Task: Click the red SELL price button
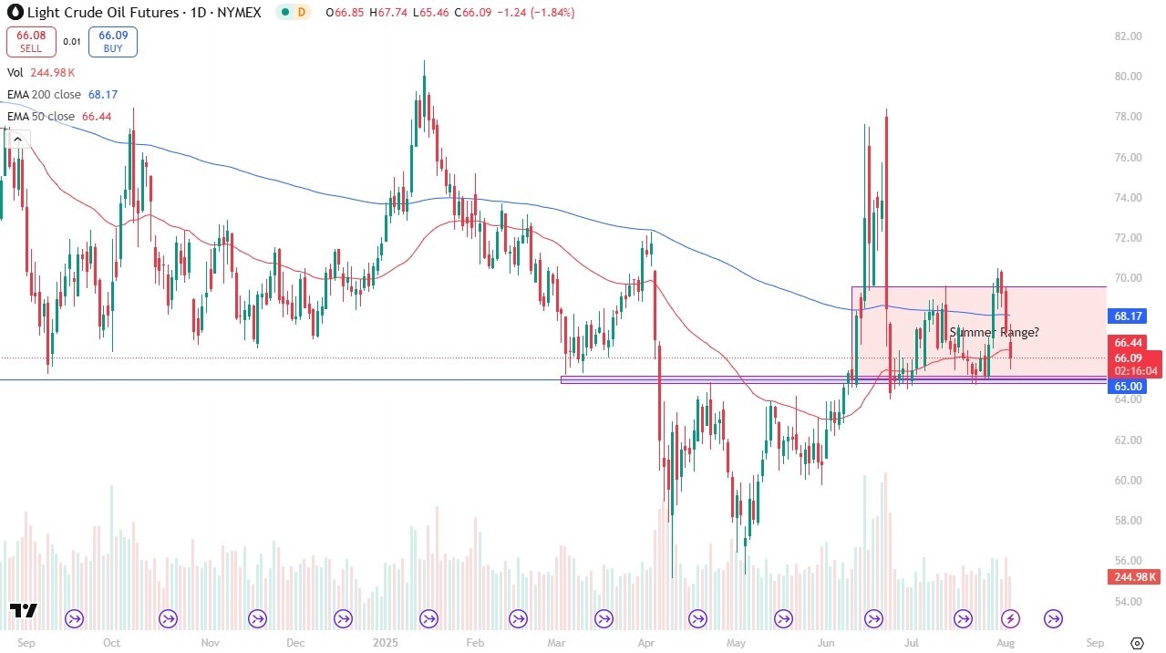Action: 32,40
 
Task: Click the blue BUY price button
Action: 112,40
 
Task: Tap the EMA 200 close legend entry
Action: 62,94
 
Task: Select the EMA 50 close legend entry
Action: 58,117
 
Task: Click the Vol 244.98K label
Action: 40,72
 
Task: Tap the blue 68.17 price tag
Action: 1130,316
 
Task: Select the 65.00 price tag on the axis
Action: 1130,386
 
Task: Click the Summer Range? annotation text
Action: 994,332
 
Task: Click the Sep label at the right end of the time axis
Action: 1095,641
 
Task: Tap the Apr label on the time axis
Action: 647,641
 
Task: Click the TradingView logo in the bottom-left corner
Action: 24,611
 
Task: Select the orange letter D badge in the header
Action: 302,13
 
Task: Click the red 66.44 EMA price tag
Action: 1130,342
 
